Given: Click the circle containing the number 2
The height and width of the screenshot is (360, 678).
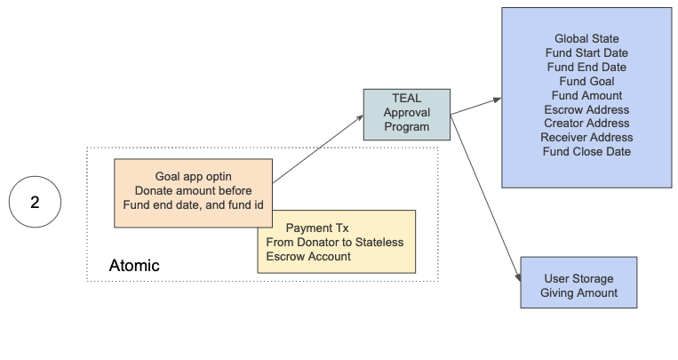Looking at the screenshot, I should [35, 202].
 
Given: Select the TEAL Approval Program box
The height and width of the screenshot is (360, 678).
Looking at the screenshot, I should [407, 114].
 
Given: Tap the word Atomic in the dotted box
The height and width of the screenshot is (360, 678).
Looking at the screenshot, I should [133, 265].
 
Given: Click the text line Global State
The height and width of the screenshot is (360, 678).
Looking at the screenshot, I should [586, 39].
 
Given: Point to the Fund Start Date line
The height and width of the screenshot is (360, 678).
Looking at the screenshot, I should [586, 53].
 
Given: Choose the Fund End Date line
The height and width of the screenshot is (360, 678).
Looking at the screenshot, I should [586, 68].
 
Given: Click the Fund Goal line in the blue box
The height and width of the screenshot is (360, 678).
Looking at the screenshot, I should [586, 82].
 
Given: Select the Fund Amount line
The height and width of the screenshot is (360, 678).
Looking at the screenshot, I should [586, 95].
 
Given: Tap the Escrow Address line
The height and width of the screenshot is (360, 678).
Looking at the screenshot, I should [586, 109].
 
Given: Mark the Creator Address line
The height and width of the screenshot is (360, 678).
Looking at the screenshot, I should [586, 124].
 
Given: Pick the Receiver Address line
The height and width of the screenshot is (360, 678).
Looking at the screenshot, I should [586, 138].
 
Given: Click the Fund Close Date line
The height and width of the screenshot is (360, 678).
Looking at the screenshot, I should [586, 152].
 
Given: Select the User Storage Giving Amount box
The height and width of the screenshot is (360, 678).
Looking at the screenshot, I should [578, 283].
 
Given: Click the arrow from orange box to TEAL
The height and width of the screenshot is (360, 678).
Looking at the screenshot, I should [317, 150].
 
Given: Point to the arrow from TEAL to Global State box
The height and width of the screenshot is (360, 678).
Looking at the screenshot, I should [476, 106].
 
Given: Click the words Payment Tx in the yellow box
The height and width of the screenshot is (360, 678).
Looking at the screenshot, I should [317, 228].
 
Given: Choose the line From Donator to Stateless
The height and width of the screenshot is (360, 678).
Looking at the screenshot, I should [334, 243].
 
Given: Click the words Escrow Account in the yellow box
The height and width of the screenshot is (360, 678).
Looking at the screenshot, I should [308, 257].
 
